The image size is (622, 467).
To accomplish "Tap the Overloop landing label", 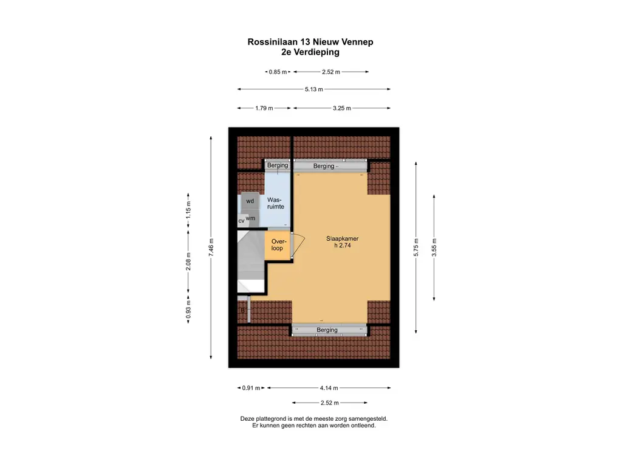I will (x=278, y=244).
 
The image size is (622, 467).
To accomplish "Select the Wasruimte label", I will (x=276, y=203).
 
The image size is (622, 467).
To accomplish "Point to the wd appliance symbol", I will (x=250, y=201).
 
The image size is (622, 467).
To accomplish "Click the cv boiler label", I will (x=241, y=220).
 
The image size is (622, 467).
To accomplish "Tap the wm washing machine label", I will (x=250, y=218).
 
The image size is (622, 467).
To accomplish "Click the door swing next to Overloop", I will (x=298, y=246).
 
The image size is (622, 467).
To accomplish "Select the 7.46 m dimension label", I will (x=211, y=247).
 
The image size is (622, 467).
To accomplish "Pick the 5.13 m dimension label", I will (x=313, y=89).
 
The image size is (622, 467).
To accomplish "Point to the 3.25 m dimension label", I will (x=342, y=108).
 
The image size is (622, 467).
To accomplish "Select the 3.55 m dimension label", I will (x=434, y=247).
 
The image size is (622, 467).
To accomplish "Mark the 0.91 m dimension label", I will (x=251, y=388).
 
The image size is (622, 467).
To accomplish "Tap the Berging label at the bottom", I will (x=327, y=330).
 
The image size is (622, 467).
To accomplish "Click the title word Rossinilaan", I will (x=271, y=42).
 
